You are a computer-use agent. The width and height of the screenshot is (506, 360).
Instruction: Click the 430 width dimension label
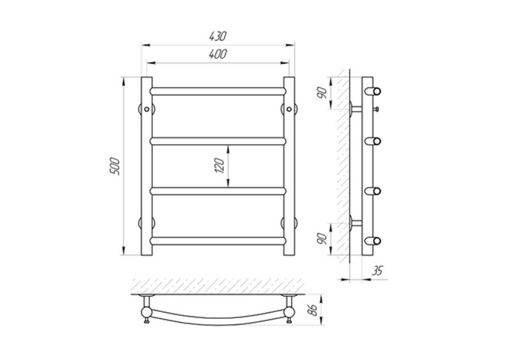[x=218, y=36]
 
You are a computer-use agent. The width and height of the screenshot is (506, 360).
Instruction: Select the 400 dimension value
[x=218, y=54]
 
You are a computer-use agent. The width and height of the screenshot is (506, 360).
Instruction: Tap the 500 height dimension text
[x=115, y=166]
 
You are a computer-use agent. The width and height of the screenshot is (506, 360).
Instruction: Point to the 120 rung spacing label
[x=220, y=166]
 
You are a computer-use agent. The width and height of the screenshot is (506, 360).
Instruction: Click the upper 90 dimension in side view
[x=322, y=93]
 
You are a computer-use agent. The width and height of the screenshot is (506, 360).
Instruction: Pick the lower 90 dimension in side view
[x=322, y=238]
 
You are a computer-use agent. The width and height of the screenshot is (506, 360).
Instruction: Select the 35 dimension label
[x=377, y=271]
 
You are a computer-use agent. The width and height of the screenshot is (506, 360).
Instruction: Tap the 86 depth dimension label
[x=312, y=310]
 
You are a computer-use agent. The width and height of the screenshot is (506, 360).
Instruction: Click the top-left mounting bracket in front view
[x=147, y=109]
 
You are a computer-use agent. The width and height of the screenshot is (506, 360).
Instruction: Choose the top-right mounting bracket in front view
[x=289, y=109]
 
